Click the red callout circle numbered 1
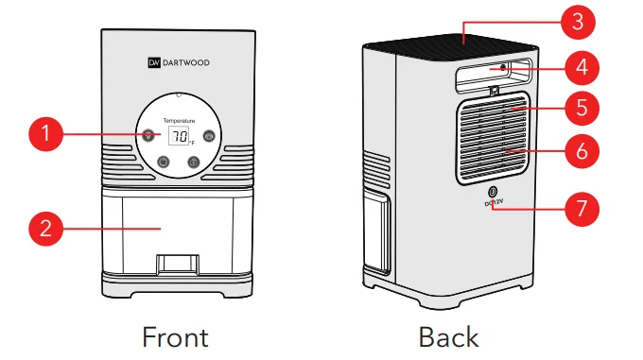click(44, 133)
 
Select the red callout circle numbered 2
click(44, 228)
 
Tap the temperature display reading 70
click(179, 136)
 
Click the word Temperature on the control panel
click(179, 121)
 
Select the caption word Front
click(175, 335)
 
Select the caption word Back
click(448, 335)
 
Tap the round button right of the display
click(209, 135)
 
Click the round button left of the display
click(148, 135)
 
